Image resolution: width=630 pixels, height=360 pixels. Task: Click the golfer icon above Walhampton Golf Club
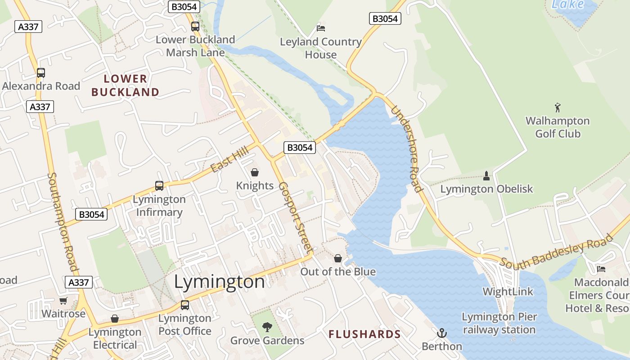pyautogui.click(x=558, y=108)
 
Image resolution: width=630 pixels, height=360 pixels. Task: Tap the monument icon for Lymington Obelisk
pyautogui.click(x=486, y=175)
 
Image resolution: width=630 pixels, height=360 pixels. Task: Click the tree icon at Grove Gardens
pyautogui.click(x=267, y=327)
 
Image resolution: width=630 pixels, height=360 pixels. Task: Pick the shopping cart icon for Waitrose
pyautogui.click(x=63, y=300)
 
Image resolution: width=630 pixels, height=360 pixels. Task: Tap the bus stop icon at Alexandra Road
pyautogui.click(x=41, y=72)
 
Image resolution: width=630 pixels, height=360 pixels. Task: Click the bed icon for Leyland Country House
pyautogui.click(x=321, y=28)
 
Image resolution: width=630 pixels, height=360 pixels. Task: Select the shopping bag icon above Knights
pyautogui.click(x=255, y=172)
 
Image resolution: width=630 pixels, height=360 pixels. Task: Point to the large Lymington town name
pyautogui.click(x=219, y=282)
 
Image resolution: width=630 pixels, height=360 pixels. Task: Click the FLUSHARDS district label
pyautogui.click(x=364, y=334)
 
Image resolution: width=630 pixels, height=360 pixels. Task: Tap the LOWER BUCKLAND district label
pyautogui.click(x=125, y=85)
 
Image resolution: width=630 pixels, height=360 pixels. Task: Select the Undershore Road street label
pyautogui.click(x=406, y=149)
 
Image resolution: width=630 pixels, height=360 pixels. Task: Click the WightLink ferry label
pyautogui.click(x=508, y=292)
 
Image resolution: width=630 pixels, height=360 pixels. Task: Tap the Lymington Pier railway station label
pyautogui.click(x=499, y=323)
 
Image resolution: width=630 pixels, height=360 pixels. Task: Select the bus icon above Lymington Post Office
pyautogui.click(x=185, y=305)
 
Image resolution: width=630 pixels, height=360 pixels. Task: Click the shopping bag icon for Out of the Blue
pyautogui.click(x=338, y=258)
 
